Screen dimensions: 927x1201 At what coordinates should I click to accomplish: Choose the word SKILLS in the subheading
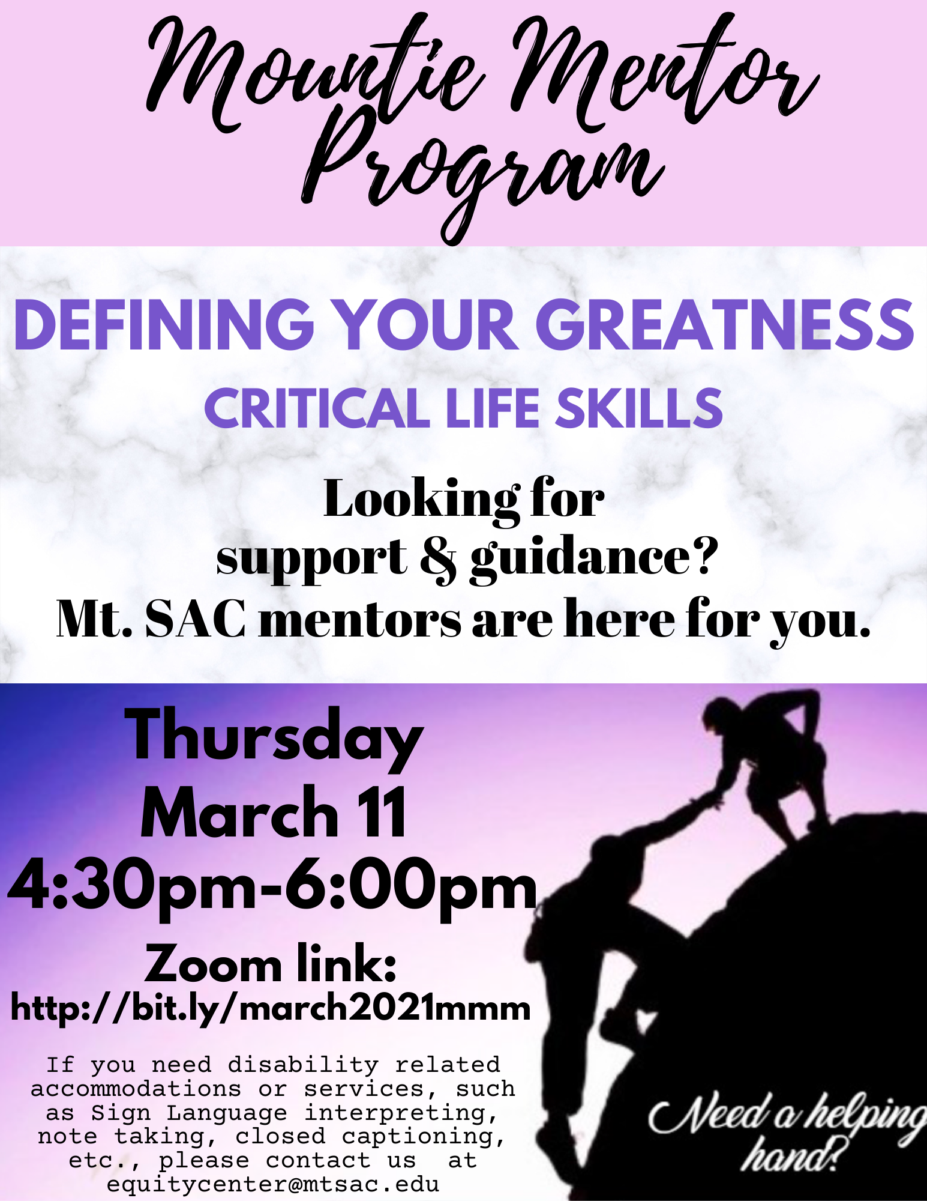pos(639,408)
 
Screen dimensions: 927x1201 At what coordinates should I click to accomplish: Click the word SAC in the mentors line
pos(195,619)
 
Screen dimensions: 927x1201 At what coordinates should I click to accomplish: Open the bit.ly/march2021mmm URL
pos(271,1008)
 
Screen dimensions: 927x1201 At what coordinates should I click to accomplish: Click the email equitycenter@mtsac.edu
pos(273,1184)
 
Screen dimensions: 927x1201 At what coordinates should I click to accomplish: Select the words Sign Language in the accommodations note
pos(189,1113)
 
